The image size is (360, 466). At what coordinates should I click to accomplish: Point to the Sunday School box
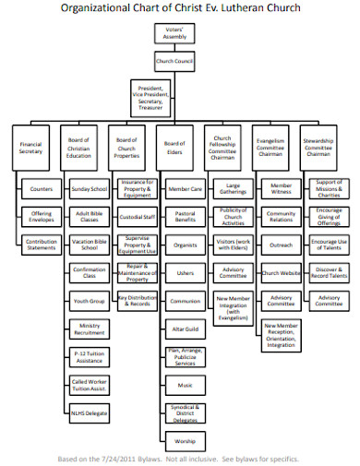(x=90, y=189)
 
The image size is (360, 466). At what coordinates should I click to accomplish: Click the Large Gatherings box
(x=234, y=190)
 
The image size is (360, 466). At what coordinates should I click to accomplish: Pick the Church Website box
(x=282, y=273)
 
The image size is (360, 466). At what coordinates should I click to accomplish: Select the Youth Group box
(x=90, y=301)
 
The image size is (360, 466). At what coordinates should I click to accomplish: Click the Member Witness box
(x=282, y=190)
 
